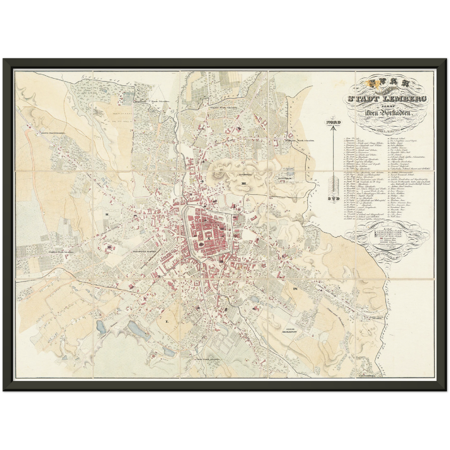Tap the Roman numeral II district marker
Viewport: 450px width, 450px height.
pyautogui.click(x=107, y=214)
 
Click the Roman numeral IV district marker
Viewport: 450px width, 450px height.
pyautogui.click(x=295, y=289)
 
